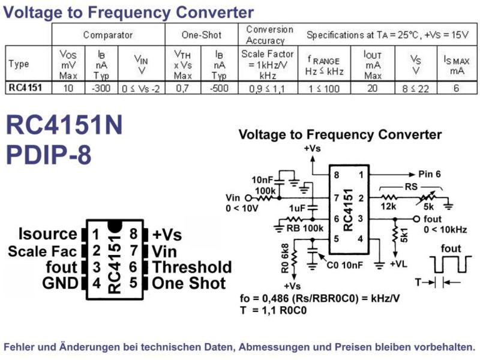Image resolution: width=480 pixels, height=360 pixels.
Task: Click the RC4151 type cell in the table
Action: click(x=25, y=88)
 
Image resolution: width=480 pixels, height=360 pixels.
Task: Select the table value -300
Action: click(x=101, y=88)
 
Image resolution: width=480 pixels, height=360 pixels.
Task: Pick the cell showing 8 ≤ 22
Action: click(x=415, y=89)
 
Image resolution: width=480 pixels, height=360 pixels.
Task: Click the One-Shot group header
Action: click(x=202, y=35)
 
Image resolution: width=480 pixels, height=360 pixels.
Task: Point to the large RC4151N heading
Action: click(x=64, y=125)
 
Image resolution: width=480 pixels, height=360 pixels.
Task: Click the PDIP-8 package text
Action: click(x=49, y=155)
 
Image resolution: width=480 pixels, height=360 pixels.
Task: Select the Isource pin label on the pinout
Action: click(x=48, y=234)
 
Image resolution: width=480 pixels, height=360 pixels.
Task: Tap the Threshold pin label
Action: click(x=192, y=267)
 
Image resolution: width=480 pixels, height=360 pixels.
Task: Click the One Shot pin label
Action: click(x=189, y=283)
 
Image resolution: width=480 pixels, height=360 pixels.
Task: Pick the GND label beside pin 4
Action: click(x=61, y=283)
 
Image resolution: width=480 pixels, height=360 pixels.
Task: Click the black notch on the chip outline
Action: click(x=115, y=226)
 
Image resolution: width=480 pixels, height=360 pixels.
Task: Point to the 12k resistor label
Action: click(x=388, y=206)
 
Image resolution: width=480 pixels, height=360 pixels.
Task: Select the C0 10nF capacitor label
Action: click(x=344, y=265)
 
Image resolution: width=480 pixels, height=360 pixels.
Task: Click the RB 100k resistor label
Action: click(x=305, y=229)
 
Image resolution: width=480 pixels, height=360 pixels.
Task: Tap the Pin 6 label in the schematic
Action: click(x=430, y=174)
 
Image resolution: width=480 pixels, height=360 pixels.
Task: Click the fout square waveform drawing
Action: click(x=451, y=265)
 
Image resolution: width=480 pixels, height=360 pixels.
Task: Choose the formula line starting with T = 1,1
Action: click(x=274, y=310)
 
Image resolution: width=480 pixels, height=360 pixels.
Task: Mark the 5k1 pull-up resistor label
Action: click(x=404, y=235)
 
